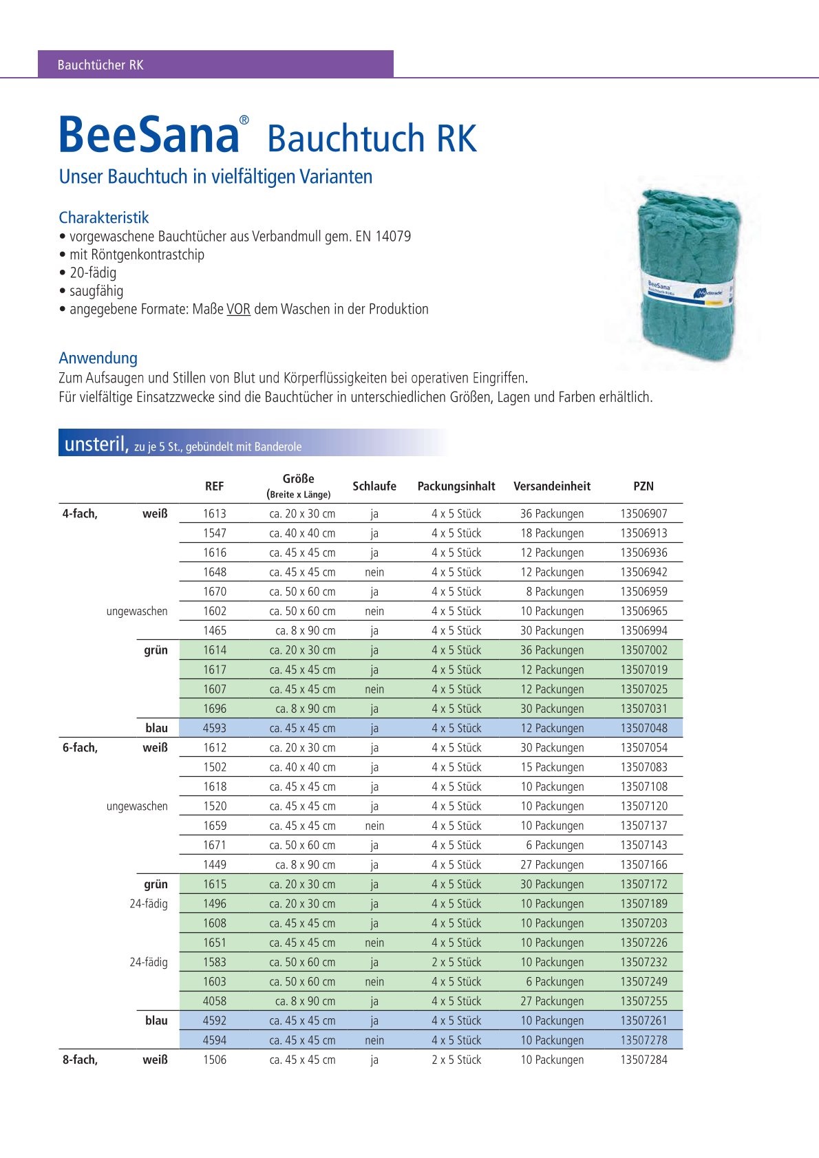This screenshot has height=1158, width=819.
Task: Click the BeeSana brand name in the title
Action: point(149,135)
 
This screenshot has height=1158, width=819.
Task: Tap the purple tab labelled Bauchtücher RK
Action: point(100,65)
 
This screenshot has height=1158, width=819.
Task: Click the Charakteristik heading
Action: point(104,217)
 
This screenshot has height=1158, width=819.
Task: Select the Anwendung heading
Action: point(98,358)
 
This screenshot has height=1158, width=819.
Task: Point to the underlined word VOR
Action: point(238,310)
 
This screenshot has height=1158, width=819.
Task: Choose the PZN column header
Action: point(643,486)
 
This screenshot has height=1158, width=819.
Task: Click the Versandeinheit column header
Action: point(552,486)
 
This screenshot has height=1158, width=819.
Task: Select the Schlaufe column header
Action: point(374,486)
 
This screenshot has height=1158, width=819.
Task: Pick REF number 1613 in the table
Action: point(215,514)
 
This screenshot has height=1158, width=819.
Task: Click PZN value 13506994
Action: point(643,631)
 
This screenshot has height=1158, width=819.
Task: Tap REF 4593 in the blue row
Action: point(215,728)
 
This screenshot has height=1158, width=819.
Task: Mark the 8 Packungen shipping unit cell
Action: point(555,592)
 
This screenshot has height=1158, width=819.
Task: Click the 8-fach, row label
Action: point(80,1060)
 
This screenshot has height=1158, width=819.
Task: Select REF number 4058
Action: point(215,1001)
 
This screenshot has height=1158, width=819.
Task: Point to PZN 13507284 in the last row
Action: point(643,1060)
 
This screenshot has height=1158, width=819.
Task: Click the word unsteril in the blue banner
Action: point(96,444)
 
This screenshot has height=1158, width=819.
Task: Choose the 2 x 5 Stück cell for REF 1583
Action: point(456,962)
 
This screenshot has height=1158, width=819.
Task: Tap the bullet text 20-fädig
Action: point(93,272)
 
